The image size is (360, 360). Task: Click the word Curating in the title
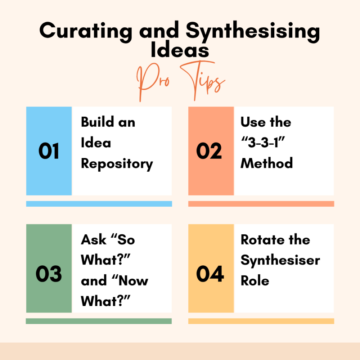click(x=86, y=31)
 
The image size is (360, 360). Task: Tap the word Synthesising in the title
click(x=253, y=31)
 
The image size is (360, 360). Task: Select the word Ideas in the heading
click(x=180, y=50)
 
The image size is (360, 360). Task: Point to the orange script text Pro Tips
click(x=181, y=81)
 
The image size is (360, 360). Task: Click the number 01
click(x=49, y=151)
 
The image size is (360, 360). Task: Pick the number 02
click(x=209, y=151)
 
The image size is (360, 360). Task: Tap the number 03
click(x=49, y=274)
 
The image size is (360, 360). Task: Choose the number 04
click(x=210, y=274)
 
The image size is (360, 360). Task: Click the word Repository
click(x=117, y=164)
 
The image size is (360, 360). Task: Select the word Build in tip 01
click(x=98, y=122)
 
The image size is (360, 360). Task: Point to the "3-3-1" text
click(x=263, y=142)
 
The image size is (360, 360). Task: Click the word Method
click(x=266, y=163)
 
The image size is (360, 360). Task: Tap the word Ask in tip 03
click(x=94, y=240)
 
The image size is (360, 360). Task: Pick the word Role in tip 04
click(x=255, y=280)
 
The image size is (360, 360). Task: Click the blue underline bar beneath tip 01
click(x=99, y=204)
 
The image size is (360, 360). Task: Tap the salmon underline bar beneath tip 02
click(x=261, y=204)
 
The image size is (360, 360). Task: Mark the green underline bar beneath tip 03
click(x=99, y=321)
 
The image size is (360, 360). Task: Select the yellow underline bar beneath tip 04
click(x=261, y=321)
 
